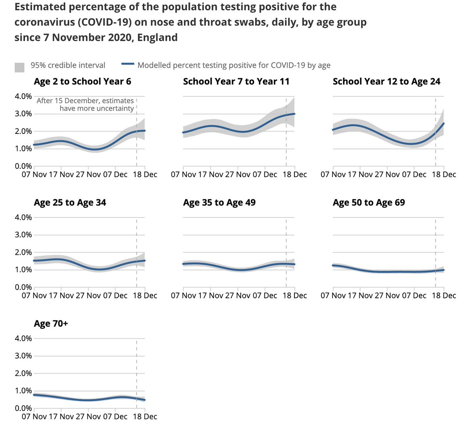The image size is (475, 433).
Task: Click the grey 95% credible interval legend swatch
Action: point(20,67)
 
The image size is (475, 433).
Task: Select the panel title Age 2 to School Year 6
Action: point(82,82)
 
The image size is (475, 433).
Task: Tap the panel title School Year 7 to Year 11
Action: point(236,82)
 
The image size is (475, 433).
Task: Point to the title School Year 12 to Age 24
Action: point(386,82)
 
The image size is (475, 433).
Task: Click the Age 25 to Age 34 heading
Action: point(70,203)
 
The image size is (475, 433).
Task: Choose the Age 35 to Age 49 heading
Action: point(219,203)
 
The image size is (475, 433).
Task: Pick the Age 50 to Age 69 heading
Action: point(369,203)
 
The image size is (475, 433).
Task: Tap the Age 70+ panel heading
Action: point(51,324)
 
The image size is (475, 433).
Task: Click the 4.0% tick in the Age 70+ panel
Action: point(23,338)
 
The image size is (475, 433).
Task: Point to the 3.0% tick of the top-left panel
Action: point(23,114)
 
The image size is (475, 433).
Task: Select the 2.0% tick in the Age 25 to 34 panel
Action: point(23,252)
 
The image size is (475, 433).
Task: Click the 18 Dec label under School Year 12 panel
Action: point(444,175)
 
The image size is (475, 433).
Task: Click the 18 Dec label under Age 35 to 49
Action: point(294,296)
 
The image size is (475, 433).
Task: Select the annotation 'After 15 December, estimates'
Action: point(85,101)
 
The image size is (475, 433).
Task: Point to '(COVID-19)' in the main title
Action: point(105,22)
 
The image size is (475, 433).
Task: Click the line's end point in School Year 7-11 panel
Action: point(294,114)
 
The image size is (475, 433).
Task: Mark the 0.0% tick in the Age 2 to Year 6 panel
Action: point(23,166)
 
